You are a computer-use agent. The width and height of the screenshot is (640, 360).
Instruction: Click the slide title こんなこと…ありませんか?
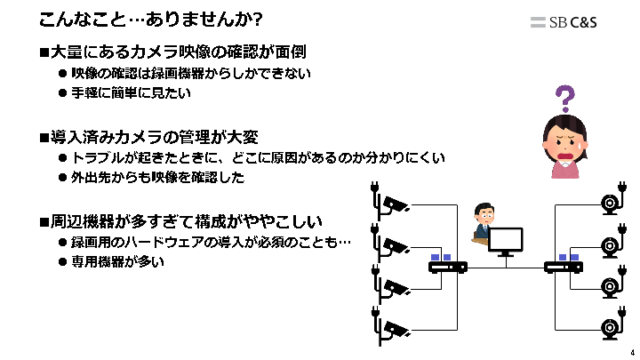pos(151,19)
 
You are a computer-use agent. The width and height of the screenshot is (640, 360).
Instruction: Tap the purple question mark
pos(564,98)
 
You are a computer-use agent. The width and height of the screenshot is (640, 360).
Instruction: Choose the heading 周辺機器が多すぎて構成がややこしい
pos(186,221)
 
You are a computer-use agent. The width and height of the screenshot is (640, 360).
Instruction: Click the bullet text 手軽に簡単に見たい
pos(131,92)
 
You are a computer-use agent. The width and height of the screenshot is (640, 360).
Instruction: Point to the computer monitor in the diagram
pos(506,241)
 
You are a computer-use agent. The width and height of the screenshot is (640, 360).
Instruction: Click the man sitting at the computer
pos(482,223)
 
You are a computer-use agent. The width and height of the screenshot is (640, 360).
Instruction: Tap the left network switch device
pos(447,265)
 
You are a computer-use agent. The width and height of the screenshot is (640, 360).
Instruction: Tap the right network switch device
pos(563,265)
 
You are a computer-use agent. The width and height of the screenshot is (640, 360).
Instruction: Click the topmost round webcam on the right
pos(610,203)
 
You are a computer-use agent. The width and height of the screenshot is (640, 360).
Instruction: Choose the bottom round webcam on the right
pos(610,327)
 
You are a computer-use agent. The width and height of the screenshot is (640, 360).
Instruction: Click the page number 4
pos(632,352)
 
